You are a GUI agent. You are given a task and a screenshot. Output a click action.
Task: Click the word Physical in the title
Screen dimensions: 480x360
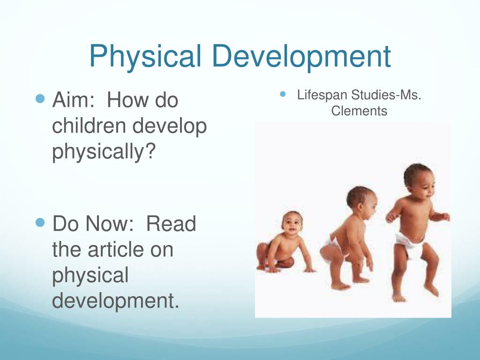[145, 56]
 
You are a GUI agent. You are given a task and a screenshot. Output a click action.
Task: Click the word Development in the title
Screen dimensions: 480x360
[301, 56]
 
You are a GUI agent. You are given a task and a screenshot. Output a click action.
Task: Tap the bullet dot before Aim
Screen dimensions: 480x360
[40, 98]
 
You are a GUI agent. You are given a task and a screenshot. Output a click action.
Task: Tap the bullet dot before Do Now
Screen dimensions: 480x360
[40, 223]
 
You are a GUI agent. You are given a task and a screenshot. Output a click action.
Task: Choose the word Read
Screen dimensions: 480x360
[171, 224]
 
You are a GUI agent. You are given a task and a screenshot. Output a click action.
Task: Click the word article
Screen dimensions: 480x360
[116, 249]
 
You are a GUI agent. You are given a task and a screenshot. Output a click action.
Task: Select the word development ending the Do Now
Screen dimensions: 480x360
[115, 301]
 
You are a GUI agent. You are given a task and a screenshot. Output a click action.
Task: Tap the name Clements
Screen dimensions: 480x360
[359, 111]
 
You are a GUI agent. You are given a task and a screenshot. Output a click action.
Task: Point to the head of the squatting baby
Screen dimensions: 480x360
[361, 202]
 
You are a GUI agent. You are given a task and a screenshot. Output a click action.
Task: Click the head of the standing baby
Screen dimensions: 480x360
[419, 181]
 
